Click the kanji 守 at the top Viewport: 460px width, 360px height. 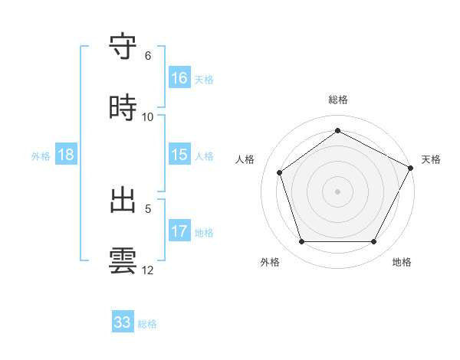pos(123,46)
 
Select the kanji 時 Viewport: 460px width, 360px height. pos(123,106)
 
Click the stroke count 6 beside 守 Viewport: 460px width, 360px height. pos(148,56)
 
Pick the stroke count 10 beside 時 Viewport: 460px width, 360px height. pos(148,117)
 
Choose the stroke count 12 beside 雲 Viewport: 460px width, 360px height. pos(148,270)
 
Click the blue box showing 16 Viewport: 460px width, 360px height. pos(179,78)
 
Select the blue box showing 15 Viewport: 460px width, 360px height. pos(179,155)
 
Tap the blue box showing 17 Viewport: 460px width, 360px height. pos(179,231)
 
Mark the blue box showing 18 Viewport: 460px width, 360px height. pos(66,155)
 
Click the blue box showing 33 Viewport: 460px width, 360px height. pos(123,322)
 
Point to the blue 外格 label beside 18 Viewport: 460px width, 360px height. pos(41,155)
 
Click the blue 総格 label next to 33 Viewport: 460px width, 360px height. pos(147,323)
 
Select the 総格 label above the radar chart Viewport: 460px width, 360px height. pos(338,100)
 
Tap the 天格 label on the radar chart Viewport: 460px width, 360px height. pos(431,159)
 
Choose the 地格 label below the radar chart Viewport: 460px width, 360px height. pos(402,262)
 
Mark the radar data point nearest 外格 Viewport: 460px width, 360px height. pos(302,242)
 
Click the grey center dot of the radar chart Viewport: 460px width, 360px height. pos(338,191)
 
